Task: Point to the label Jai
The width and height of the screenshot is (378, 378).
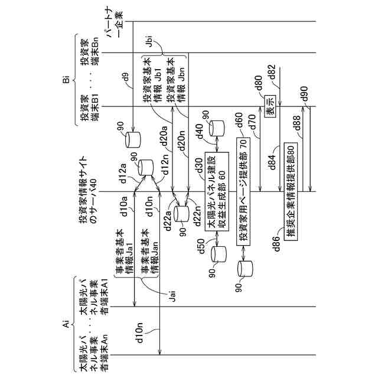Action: (x=172, y=298)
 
